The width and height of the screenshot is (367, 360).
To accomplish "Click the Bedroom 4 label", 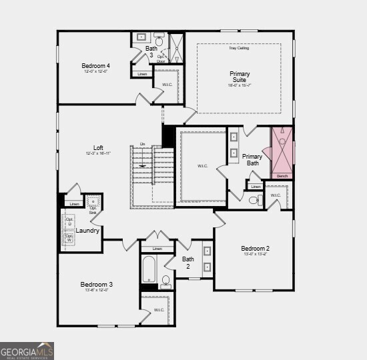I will tap(95, 66).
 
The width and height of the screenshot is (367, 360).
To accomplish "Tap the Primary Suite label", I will tap(240, 77).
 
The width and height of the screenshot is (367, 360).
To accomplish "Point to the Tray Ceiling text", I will tap(238, 48).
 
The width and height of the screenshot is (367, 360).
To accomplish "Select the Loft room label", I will tap(98, 148).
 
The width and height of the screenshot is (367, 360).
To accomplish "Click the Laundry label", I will tap(87, 231).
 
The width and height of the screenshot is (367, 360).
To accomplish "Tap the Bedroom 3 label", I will tap(97, 284).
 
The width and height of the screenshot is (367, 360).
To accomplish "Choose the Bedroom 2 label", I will tap(256, 249).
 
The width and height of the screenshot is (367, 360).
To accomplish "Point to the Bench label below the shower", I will tap(282, 176).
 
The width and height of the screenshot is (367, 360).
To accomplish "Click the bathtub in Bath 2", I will tap(148, 271).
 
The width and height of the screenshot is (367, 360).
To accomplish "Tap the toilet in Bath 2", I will tap(166, 282).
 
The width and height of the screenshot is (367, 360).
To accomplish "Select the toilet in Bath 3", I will tap(159, 38).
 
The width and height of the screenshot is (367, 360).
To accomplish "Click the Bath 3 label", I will tap(151, 51).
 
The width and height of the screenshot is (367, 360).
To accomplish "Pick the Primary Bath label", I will tap(252, 159).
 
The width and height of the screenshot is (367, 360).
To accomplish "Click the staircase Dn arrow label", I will tap(142, 144).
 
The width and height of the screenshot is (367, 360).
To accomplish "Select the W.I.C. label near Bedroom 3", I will tap(159, 310).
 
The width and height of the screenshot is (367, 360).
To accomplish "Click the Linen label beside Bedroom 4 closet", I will tap(141, 74).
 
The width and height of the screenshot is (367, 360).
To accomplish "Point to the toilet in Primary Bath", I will tap(254, 199).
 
